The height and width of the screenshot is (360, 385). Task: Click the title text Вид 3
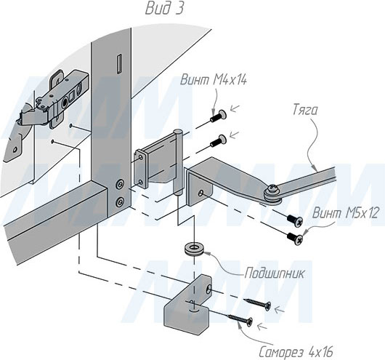tap(164, 9)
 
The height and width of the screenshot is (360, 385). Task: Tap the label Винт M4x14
tap(214, 80)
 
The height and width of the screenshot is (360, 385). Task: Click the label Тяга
tap(305, 111)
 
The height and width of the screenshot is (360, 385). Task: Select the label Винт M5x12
tap(346, 213)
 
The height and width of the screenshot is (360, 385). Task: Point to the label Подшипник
tap(275, 273)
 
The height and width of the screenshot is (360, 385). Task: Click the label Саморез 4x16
tap(296, 352)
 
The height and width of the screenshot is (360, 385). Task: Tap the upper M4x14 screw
tap(218, 116)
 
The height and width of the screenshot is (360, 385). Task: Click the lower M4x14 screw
tap(218, 140)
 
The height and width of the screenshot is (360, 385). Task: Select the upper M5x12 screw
tap(295, 220)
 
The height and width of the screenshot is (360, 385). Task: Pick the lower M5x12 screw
tap(295, 239)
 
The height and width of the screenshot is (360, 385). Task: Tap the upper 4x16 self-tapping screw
tap(257, 304)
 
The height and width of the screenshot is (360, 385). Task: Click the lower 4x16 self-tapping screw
tap(240, 320)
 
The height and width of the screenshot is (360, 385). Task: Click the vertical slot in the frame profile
tap(119, 64)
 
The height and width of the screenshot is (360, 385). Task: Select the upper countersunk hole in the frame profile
tap(120, 184)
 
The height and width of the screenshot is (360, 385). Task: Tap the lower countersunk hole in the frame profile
tap(120, 202)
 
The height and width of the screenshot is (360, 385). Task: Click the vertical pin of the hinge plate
tap(178, 162)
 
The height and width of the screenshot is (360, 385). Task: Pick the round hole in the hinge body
tap(65, 102)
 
